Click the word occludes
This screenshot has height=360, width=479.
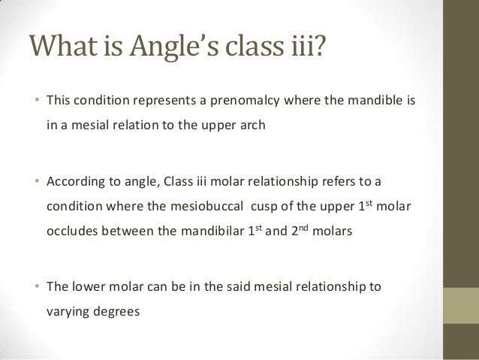tap(73, 231)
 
